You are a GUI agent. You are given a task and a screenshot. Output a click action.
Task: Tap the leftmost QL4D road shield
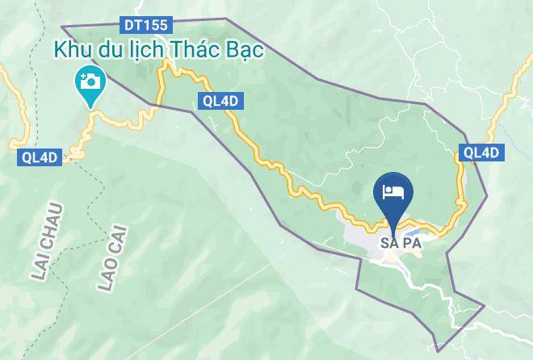pos(37,159)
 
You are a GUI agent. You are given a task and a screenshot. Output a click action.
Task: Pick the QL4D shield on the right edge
pos(481,153)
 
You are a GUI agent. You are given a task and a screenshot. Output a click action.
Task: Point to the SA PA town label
pos(401,242)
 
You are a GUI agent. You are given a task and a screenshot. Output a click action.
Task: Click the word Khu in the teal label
pos(72,50)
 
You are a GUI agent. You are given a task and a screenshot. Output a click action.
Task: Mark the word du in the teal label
pos(108,50)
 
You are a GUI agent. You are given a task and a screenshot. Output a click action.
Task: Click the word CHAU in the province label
pos(55,225)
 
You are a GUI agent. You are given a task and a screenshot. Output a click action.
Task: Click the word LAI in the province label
pos(41,267)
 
